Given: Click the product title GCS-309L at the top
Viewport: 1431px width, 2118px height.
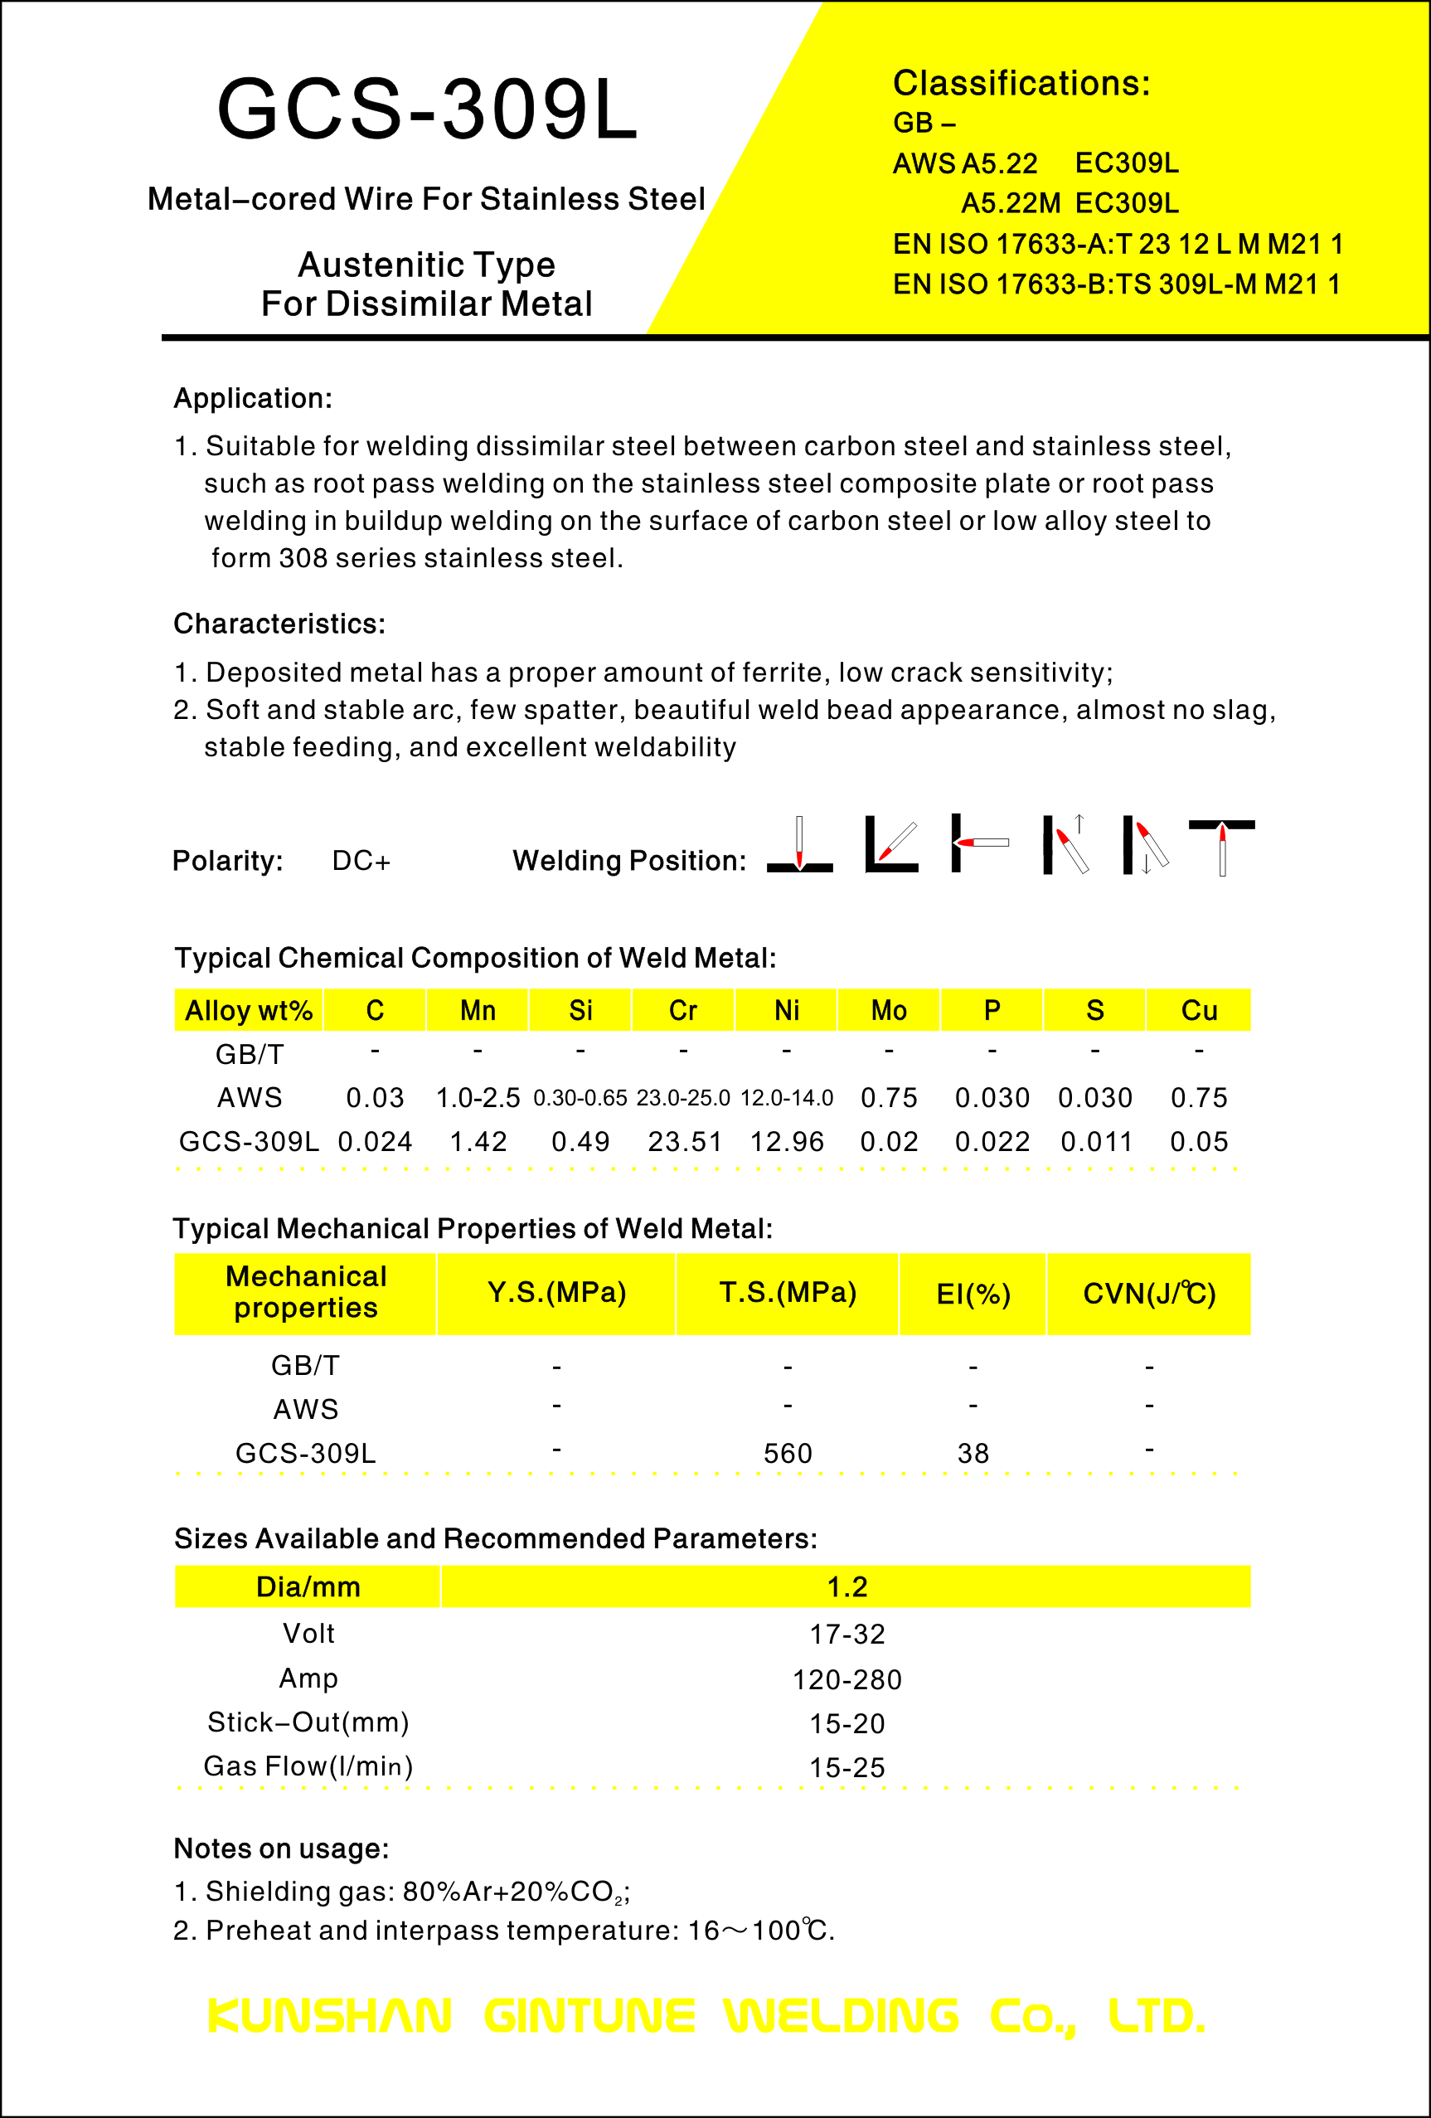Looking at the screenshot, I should point(427,109).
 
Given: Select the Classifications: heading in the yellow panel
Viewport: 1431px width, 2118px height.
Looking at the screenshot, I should point(1021,83).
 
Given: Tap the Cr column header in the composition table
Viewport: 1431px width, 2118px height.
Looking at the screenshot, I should point(683,1010).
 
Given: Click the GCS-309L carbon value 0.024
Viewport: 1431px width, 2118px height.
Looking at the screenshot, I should point(375,1141).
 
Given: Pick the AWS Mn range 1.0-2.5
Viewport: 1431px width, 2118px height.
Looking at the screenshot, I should point(478,1097).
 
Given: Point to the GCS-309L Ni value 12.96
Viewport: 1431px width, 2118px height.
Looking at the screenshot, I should point(786,1141).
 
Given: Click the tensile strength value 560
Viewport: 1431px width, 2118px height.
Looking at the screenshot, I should point(787,1453).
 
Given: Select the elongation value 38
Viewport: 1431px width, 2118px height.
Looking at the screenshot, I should point(973,1453).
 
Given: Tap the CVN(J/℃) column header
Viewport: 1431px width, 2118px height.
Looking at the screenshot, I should point(1148,1293).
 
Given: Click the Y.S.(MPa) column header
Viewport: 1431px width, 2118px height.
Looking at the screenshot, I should point(556,1292).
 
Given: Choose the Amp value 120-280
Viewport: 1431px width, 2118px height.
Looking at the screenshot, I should point(847,1678).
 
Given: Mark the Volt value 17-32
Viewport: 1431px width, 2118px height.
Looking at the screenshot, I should point(847,1634).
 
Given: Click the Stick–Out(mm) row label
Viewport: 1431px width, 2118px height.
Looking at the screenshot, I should point(308,1722).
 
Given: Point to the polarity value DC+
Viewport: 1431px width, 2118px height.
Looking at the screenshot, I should point(361,860).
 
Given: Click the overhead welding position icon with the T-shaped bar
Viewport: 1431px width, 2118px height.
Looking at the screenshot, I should point(1221,846).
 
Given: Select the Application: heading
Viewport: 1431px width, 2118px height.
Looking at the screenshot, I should point(253,398).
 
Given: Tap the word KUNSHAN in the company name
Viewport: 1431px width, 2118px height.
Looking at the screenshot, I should point(330,2016).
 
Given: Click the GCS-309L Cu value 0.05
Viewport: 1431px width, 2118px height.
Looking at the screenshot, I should point(1199,1141).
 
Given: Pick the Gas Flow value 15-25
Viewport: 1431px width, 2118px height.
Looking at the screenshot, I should point(847,1767).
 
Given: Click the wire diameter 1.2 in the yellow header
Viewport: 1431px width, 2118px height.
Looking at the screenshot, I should point(847,1586).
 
